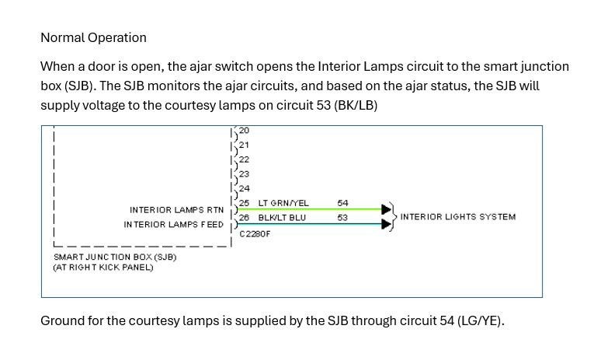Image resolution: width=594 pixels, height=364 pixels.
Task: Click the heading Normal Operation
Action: point(93,37)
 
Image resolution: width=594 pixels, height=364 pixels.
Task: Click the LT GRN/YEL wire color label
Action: point(283,203)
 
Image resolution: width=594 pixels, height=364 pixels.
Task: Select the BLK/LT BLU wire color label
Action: point(282,218)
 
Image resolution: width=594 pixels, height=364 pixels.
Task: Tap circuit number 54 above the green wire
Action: point(342,203)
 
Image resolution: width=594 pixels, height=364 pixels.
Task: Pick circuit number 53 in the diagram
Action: point(342,218)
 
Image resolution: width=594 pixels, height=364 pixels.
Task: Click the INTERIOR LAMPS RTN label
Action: point(177,210)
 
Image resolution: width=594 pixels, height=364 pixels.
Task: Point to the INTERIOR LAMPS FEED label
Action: point(174,225)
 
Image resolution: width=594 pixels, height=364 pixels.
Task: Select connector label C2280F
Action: point(255,233)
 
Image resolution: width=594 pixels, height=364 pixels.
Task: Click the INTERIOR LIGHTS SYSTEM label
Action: point(457,216)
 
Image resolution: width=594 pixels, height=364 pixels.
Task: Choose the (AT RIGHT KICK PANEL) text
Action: point(102,268)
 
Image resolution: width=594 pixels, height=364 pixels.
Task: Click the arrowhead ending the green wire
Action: point(386,209)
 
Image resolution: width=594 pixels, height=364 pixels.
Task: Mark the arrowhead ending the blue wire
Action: point(386,225)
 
